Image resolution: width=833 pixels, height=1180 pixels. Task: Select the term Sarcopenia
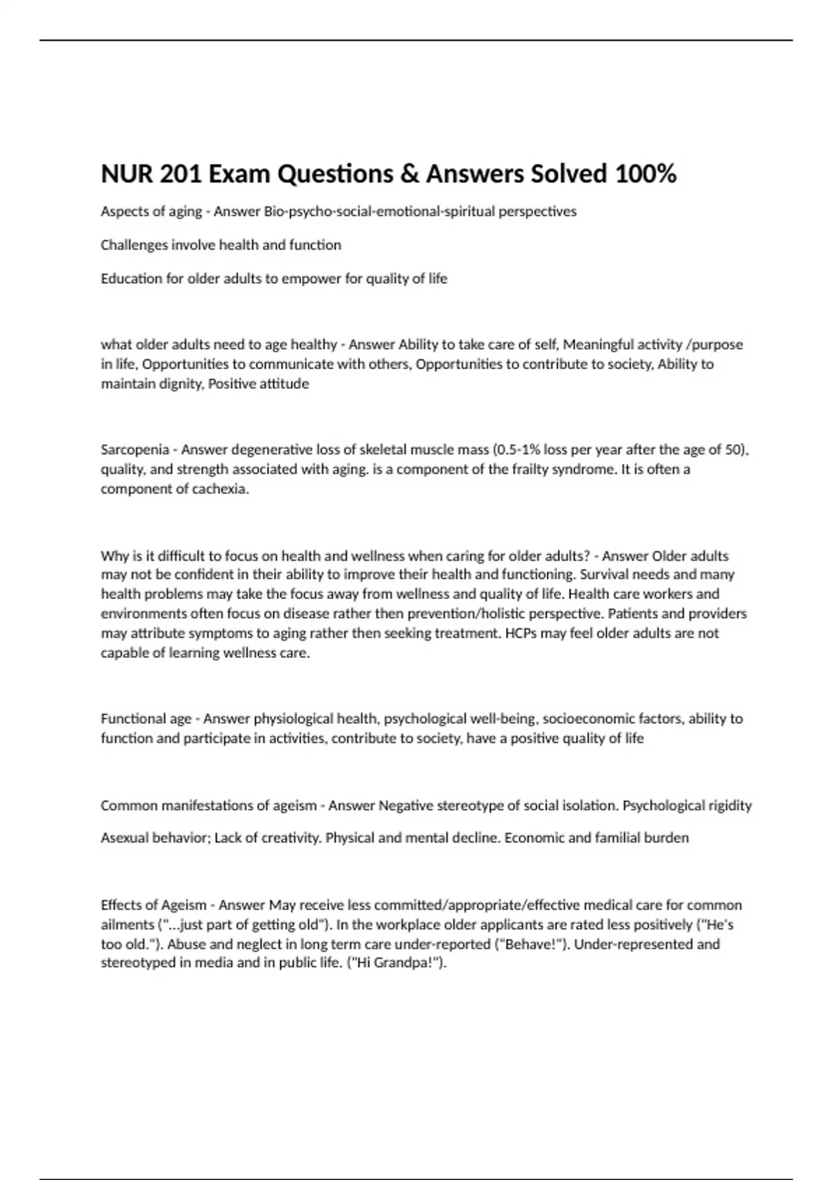tap(135, 450)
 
